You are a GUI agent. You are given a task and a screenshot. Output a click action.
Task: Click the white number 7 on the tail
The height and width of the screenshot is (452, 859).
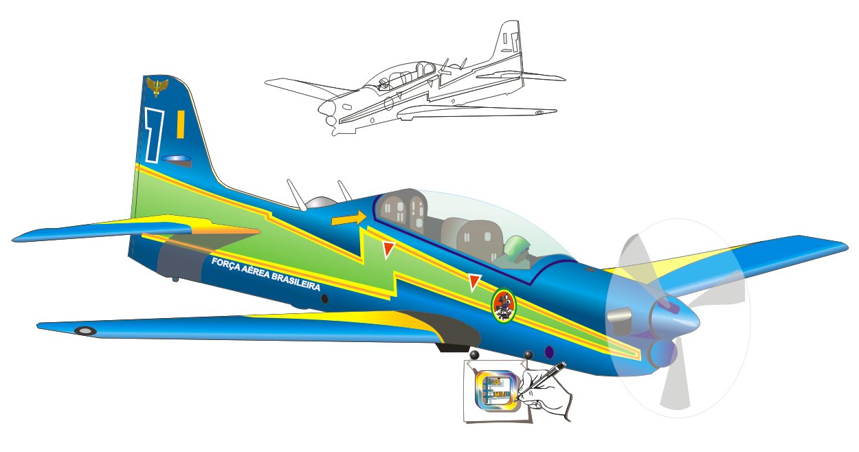(x=153, y=134)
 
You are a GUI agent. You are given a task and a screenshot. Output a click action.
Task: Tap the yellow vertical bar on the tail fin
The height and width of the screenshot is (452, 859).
(x=180, y=124)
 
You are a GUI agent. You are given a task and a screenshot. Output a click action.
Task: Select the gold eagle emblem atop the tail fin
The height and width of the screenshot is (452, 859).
(x=157, y=87)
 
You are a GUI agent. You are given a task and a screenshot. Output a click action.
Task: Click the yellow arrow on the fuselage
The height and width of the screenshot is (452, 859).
(x=348, y=218)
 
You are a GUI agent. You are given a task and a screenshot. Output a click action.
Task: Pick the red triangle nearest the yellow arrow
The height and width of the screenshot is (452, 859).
(x=388, y=249)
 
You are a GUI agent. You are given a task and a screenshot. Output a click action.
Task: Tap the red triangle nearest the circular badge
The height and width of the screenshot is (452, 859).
(x=474, y=281)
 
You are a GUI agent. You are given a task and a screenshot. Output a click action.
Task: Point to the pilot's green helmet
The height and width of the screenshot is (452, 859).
(x=515, y=245)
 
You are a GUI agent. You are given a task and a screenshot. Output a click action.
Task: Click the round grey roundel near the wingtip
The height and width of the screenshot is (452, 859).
(x=85, y=330)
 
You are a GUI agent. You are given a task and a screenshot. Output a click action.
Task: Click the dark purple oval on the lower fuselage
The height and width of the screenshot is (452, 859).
(x=549, y=352)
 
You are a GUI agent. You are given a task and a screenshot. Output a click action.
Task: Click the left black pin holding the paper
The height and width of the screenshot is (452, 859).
(x=474, y=355)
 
